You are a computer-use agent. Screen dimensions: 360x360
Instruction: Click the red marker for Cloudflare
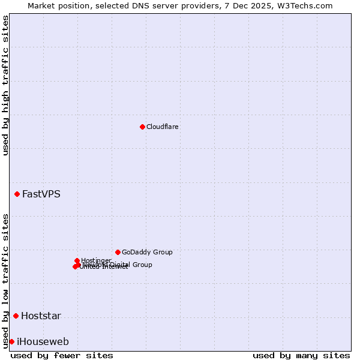[x=142, y=127]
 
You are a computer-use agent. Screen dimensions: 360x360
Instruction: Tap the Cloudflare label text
[x=163, y=127]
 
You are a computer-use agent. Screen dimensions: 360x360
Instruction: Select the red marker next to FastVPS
[x=17, y=194]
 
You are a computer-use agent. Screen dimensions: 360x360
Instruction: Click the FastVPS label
[x=41, y=194]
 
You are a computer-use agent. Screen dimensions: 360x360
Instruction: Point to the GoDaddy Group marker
[x=118, y=252]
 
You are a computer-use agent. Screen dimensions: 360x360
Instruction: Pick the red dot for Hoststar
[x=16, y=316]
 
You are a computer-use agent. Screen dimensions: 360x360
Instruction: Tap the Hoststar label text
[x=41, y=316]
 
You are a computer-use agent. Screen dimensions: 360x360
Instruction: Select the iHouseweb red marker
[x=11, y=341]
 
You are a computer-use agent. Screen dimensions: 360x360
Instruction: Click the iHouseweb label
[x=43, y=341]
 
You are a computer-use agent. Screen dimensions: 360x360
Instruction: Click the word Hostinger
[x=96, y=260]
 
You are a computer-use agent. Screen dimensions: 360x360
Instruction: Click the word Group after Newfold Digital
[x=142, y=265]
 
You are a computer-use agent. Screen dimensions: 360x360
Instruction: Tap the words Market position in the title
[x=57, y=5]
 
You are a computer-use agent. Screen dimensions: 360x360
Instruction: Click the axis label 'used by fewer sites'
[x=62, y=355]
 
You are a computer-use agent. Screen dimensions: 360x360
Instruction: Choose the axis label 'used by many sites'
[x=301, y=355]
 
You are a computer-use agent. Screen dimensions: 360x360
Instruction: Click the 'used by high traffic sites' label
[x=5, y=85]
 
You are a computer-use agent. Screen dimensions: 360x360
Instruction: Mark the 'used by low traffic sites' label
[x=5, y=280]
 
